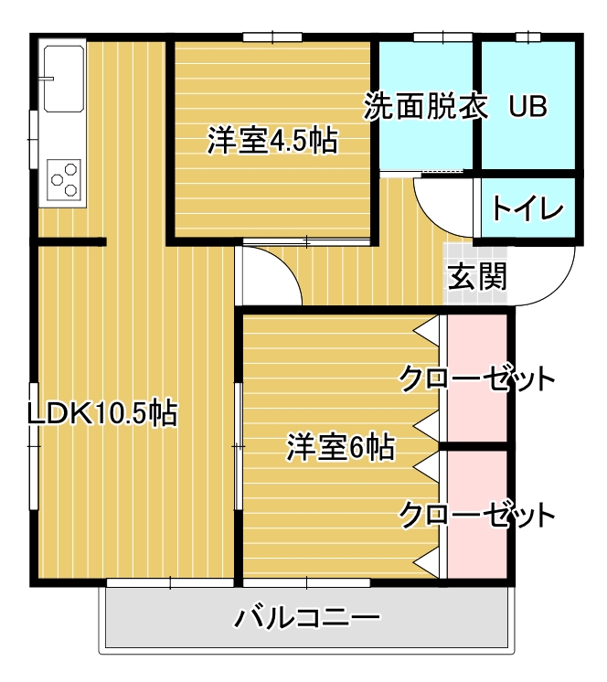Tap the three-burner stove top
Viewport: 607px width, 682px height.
pos(64,178)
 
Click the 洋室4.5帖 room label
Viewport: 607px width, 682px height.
pos(272,142)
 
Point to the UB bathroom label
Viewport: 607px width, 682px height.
pos(527,107)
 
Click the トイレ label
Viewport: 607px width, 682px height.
pos(527,208)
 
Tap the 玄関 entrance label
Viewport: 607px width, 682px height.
pos(476,275)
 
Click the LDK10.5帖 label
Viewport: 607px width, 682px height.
pos(101,413)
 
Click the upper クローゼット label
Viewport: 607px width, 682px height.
pos(476,378)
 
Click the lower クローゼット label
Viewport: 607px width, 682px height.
pos(476,516)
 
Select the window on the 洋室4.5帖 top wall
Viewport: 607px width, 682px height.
pos(273,37)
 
